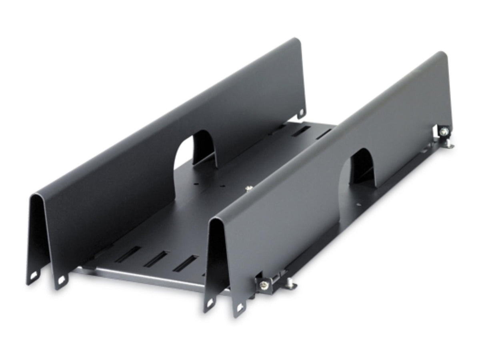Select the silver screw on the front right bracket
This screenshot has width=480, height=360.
pos(264,284)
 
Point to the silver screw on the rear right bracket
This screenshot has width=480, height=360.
pos(444,131)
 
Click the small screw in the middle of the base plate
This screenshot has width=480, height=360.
pos(248,187)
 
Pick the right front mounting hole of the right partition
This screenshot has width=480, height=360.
pos(239,308)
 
